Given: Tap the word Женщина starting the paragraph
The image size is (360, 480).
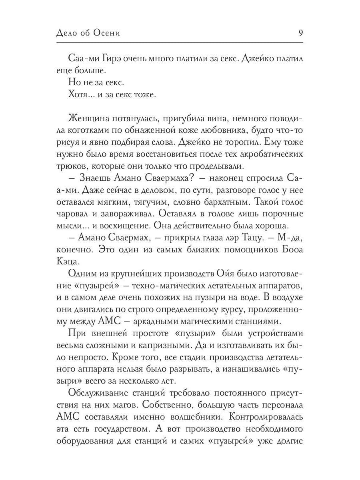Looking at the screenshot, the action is pyautogui.click(x=89, y=120).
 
